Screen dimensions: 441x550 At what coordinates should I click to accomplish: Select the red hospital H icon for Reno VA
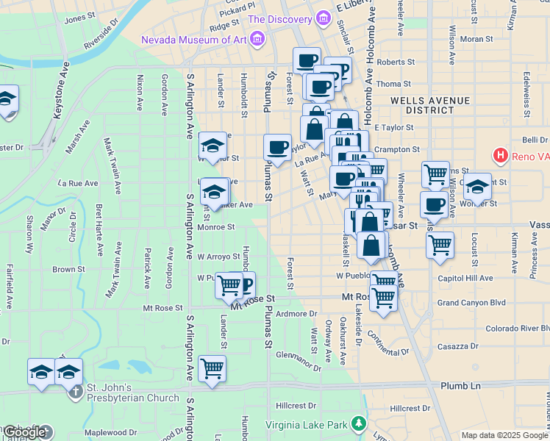[x=501, y=155]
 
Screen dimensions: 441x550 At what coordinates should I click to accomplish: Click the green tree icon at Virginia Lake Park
[x=358, y=423]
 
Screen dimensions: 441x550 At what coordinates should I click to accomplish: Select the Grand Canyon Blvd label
[x=471, y=302]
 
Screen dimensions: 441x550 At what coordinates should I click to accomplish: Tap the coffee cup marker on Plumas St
[x=277, y=147]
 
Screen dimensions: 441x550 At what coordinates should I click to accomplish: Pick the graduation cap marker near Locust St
[x=477, y=187]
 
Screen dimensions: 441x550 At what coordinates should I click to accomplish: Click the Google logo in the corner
[x=25, y=432]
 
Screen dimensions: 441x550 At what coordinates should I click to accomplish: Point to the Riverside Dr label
[x=101, y=37]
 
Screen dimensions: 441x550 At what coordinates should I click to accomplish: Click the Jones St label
[x=80, y=20]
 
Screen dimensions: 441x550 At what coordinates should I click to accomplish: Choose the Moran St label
[x=476, y=39]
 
